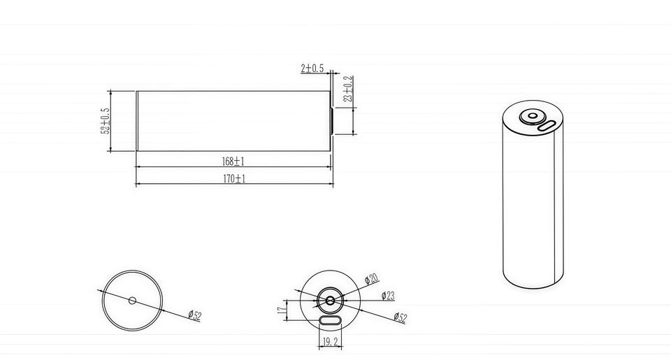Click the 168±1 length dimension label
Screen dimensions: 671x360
(233, 161)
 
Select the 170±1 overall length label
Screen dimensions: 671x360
(235, 178)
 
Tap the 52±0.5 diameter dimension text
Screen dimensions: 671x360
(106, 121)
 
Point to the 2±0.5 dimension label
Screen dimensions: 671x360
(312, 69)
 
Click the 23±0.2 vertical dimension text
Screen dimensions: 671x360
(348, 89)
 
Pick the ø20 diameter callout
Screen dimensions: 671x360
(372, 279)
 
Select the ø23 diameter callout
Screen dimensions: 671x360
(388, 296)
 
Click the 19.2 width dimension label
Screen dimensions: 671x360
(331, 342)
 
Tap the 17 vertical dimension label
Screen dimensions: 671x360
(282, 310)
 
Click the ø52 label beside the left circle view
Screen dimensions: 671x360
(195, 315)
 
